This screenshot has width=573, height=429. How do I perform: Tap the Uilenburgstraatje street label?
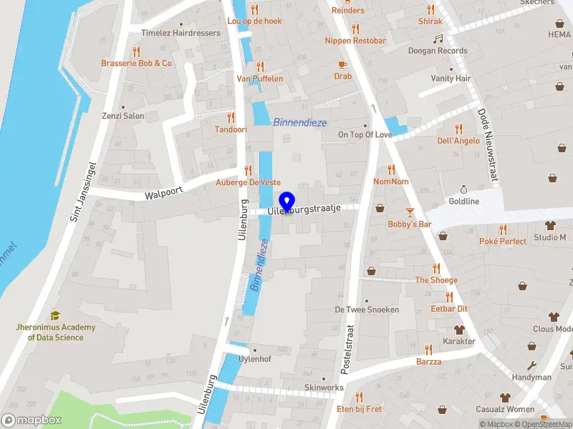(x=304, y=211)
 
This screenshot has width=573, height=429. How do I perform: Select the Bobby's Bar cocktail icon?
(x=410, y=212)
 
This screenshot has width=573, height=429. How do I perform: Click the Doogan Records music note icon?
(x=438, y=39)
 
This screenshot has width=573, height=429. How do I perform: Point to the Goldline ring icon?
(x=463, y=189)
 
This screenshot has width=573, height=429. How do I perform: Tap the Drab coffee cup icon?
(x=342, y=64)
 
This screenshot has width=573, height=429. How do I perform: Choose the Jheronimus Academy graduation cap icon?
(x=55, y=315)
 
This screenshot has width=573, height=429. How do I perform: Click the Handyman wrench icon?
(x=531, y=365)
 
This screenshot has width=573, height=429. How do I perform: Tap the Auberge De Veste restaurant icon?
(x=248, y=170)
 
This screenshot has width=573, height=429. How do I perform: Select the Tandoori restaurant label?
(x=231, y=129)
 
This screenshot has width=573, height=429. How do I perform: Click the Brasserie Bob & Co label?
(x=136, y=63)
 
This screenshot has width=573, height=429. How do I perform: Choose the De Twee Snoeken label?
(x=367, y=310)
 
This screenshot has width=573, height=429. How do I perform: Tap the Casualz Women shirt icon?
(x=506, y=397)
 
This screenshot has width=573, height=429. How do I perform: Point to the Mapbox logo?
(x=32, y=420)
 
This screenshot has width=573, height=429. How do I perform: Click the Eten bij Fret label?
(x=359, y=409)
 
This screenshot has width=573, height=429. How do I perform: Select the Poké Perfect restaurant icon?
(x=503, y=230)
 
